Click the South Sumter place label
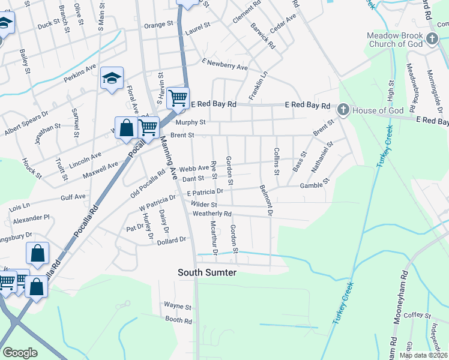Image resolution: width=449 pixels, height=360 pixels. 207,273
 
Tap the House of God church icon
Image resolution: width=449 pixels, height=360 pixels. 343,109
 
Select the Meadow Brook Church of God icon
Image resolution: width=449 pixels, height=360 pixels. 432,40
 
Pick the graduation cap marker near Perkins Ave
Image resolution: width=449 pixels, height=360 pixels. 112,78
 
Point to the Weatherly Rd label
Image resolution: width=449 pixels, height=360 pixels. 212,214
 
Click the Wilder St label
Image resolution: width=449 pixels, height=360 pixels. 203,205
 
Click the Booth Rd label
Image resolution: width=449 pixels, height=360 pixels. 178,320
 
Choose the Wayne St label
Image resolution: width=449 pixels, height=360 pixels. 177,306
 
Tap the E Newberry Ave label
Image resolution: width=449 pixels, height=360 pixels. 224,65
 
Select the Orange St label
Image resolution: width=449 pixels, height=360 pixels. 158,25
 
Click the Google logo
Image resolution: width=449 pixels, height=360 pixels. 20,353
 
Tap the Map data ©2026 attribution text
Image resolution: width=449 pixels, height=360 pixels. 423,355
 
